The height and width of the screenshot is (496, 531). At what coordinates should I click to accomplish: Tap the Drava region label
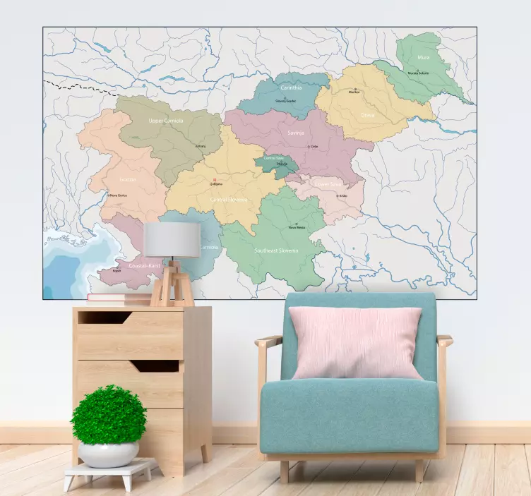368,114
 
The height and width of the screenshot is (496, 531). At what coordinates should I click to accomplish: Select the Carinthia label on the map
291,88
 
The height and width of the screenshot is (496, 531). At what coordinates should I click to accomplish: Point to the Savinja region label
295,131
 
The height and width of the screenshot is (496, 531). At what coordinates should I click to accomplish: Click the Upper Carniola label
166,121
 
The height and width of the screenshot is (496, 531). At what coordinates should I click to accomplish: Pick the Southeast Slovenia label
276,250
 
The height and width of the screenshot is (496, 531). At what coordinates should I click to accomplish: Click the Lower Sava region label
328,184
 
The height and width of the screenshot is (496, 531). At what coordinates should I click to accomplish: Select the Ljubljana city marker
215,180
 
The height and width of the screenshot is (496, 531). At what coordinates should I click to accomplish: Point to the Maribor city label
354,92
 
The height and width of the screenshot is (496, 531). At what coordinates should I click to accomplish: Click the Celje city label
314,147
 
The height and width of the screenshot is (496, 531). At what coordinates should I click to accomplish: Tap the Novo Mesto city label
297,227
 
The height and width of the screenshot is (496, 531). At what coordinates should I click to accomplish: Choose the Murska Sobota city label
418,73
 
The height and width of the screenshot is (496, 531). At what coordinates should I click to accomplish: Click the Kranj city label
201,147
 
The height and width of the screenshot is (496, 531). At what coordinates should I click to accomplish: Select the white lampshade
172,240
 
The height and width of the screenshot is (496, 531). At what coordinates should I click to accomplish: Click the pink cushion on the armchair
356,342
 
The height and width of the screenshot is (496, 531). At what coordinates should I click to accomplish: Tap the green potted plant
109,415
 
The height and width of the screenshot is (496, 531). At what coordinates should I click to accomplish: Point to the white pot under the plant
108,454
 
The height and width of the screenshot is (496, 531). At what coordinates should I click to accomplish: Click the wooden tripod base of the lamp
172,286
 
